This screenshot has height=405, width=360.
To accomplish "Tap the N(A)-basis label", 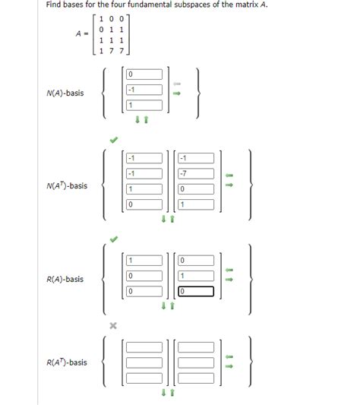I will coord(65,93).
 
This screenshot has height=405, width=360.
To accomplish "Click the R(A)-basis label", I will coord(65,279).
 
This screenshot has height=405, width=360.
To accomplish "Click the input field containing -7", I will coord(195,173).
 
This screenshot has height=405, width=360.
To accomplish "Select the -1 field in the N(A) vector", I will coord(144,90).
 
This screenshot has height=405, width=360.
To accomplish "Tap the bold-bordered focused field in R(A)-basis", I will coord(195,290).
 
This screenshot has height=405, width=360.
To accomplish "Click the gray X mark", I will coord(113,325).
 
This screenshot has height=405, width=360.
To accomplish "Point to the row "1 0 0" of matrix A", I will coord(111,17).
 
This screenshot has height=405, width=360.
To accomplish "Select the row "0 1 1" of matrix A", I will coord(111,28).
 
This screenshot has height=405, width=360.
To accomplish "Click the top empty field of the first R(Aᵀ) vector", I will coord(144,347).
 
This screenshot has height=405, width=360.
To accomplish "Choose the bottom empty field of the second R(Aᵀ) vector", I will coord(195,378).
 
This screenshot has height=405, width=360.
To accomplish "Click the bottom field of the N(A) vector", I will coord(144,105).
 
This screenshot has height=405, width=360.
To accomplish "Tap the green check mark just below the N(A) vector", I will coord(113,139).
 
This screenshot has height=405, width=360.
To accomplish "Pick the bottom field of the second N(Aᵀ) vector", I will coord(195,204).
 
